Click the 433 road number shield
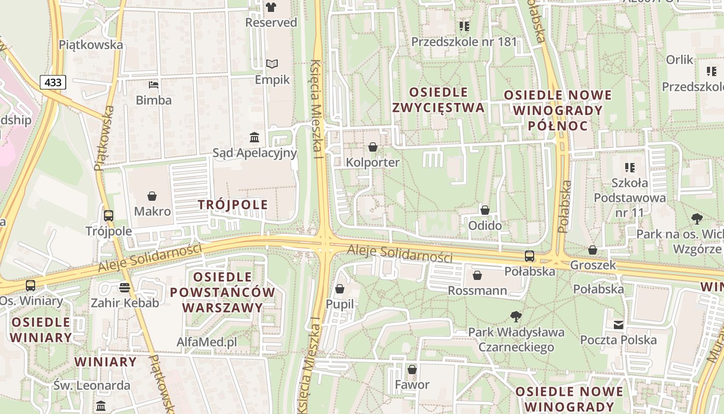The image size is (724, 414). tap(53, 82)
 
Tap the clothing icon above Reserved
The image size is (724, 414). tap(271, 7)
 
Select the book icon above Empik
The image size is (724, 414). tap(272, 64)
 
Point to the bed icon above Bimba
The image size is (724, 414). tap(154, 84)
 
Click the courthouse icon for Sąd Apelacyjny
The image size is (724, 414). tap(254, 137)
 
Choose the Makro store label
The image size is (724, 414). tap(152, 211)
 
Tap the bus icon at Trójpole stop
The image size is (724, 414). tap(109, 216)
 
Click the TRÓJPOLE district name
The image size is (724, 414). tap(233, 204)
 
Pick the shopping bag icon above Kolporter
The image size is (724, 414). tap(372, 147)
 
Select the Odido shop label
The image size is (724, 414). tap(485, 226)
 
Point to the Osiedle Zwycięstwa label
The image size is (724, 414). tap(438, 100)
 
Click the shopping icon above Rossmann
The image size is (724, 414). tap(477, 275)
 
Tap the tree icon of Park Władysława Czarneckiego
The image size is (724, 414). tap(516, 316)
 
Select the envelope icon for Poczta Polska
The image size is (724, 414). tap(618, 324)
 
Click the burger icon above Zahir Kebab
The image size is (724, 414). tap(124, 288)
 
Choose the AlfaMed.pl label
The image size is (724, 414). tap(206, 342)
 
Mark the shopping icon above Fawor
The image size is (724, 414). tap(412, 369)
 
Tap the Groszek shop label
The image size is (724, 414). tap(593, 265)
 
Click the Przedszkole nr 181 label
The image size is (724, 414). tap(464, 41)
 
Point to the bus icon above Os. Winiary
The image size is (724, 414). tap(31, 285)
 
